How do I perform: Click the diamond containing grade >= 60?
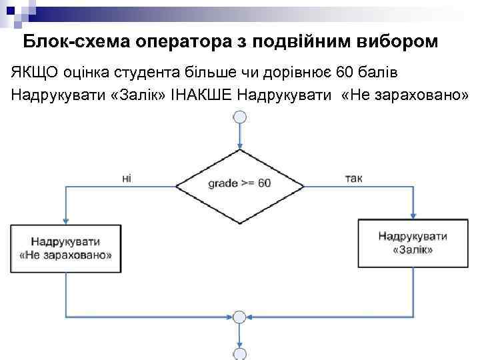pyautogui.click(x=239, y=183)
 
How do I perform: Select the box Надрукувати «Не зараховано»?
pyautogui.click(x=66, y=248)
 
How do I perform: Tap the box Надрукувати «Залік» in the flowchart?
pyautogui.click(x=413, y=243)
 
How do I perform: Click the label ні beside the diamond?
pyautogui.click(x=127, y=177)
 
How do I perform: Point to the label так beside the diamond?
pyautogui.click(x=354, y=177)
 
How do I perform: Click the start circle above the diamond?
pyautogui.click(x=239, y=117)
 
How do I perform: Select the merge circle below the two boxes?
pyautogui.click(x=239, y=317)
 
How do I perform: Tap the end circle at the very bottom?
pyautogui.click(x=239, y=353)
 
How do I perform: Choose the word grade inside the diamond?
pyautogui.click(x=221, y=183)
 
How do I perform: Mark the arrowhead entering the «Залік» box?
pyautogui.click(x=413, y=216)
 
